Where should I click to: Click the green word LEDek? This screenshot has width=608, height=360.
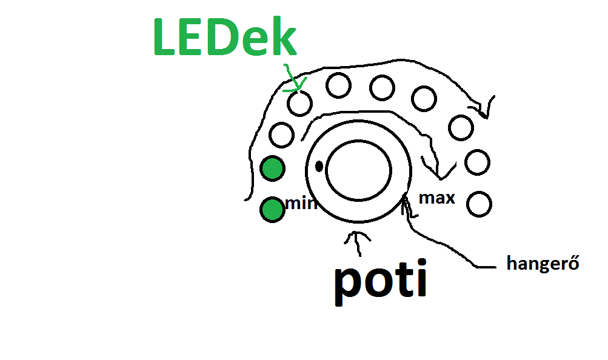pos(224,38)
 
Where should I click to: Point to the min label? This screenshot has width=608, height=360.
pos(301,203)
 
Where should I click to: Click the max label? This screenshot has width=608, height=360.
pos(437,198)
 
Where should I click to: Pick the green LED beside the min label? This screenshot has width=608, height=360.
pos(272,210)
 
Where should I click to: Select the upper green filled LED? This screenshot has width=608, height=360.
pos(272,169)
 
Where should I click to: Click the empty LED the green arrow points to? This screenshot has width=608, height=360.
pos(299,103)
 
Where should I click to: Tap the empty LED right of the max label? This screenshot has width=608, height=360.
pos(479,204)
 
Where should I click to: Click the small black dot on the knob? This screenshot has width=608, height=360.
pos(319,164)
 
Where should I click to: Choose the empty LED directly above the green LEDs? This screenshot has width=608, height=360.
pos(282,135)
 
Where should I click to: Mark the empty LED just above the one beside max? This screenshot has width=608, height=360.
pos(477,162)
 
